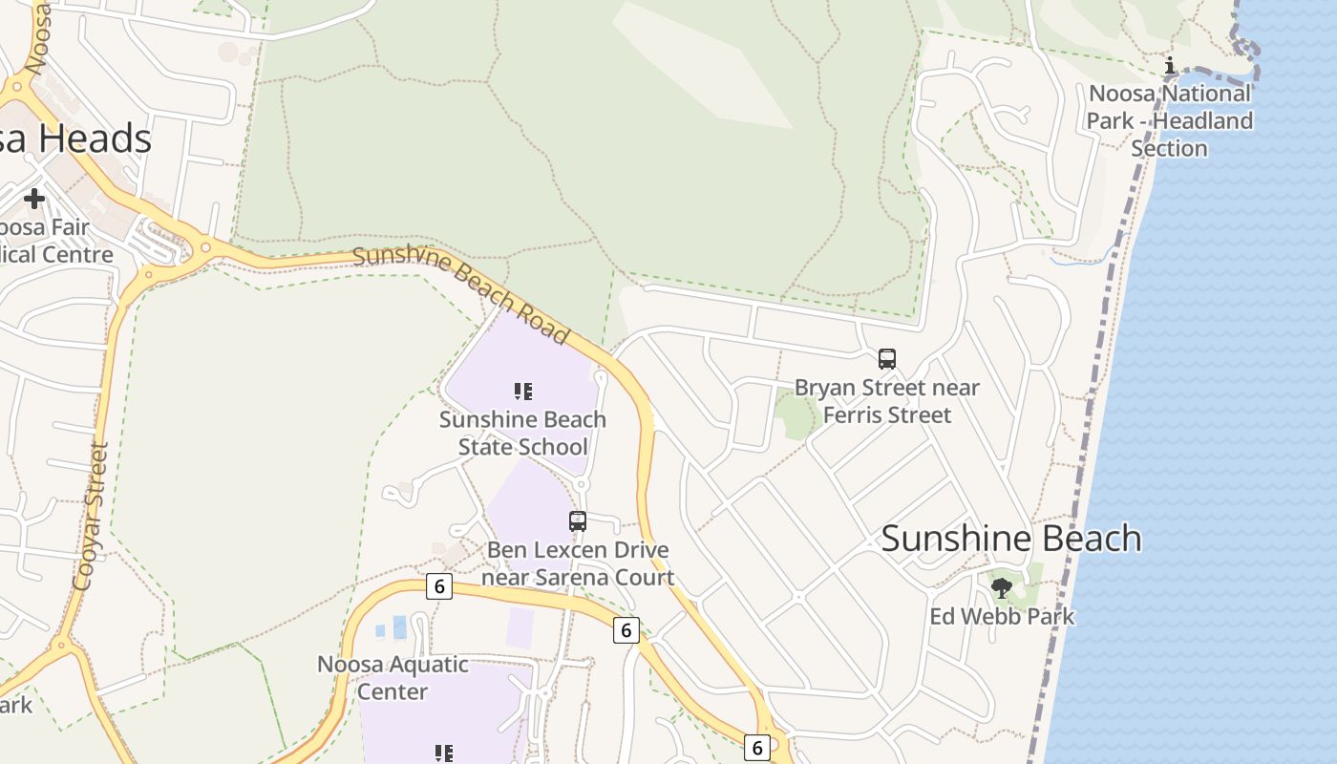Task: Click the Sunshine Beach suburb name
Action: click(x=1010, y=539)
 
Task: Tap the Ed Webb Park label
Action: click(x=1002, y=617)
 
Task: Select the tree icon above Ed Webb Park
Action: click(x=1001, y=588)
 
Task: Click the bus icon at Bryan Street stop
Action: click(x=887, y=359)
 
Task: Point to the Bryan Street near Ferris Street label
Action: click(x=887, y=401)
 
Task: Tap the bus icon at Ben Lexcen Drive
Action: click(x=578, y=521)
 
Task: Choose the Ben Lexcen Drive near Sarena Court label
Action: click(x=578, y=563)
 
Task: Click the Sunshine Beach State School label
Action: click(x=522, y=433)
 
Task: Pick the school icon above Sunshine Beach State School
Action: click(x=522, y=391)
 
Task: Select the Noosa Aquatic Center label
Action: click(x=393, y=677)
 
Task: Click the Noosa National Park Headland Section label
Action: click(x=1170, y=120)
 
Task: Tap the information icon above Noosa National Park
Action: click(x=1170, y=65)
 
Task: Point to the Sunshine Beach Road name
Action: click(x=461, y=293)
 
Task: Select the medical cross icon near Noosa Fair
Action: click(x=34, y=199)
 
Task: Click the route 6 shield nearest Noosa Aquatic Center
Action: click(x=438, y=586)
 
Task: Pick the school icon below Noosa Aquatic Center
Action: click(x=443, y=753)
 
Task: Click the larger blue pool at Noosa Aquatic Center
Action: click(x=399, y=627)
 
